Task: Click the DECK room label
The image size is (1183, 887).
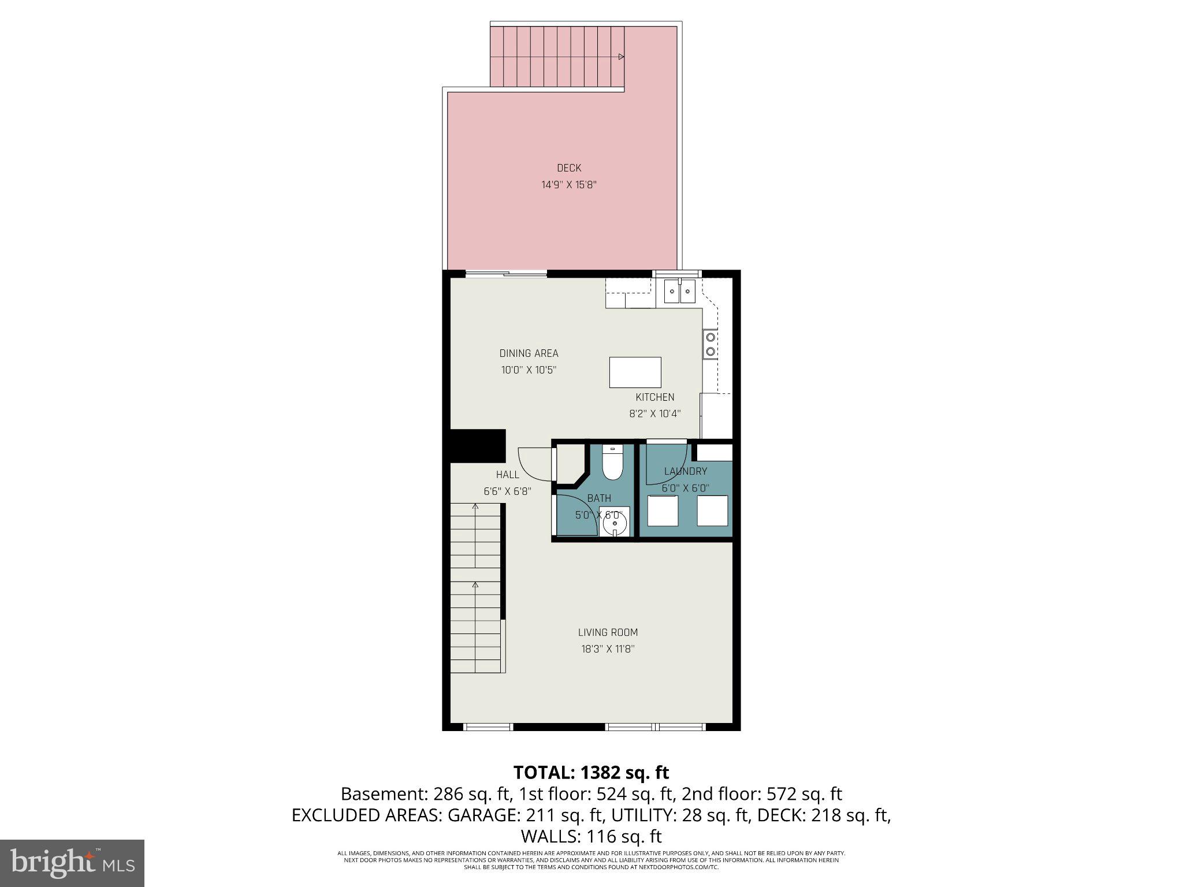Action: click(569, 168)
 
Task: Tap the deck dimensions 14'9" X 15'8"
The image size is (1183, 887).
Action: click(568, 185)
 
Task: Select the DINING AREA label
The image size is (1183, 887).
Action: click(529, 353)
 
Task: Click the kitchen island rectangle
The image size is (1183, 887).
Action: click(635, 372)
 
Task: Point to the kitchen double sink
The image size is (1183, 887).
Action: click(679, 292)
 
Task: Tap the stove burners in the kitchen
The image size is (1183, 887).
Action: click(710, 344)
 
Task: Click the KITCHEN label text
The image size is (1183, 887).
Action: click(655, 397)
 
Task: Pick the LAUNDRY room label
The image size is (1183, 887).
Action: click(686, 471)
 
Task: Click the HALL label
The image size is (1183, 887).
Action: click(507, 475)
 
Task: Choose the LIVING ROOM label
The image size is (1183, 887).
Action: click(608, 632)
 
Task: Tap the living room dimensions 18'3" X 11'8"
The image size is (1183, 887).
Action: click(608, 649)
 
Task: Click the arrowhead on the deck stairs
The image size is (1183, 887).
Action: click(622, 57)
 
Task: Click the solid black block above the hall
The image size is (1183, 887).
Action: click(478, 445)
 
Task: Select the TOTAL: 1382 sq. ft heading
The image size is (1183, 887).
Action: click(591, 772)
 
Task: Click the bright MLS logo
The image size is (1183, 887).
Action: click(72, 863)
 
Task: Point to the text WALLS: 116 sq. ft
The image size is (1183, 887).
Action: click(591, 836)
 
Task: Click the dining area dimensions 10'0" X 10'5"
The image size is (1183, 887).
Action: click(529, 370)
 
